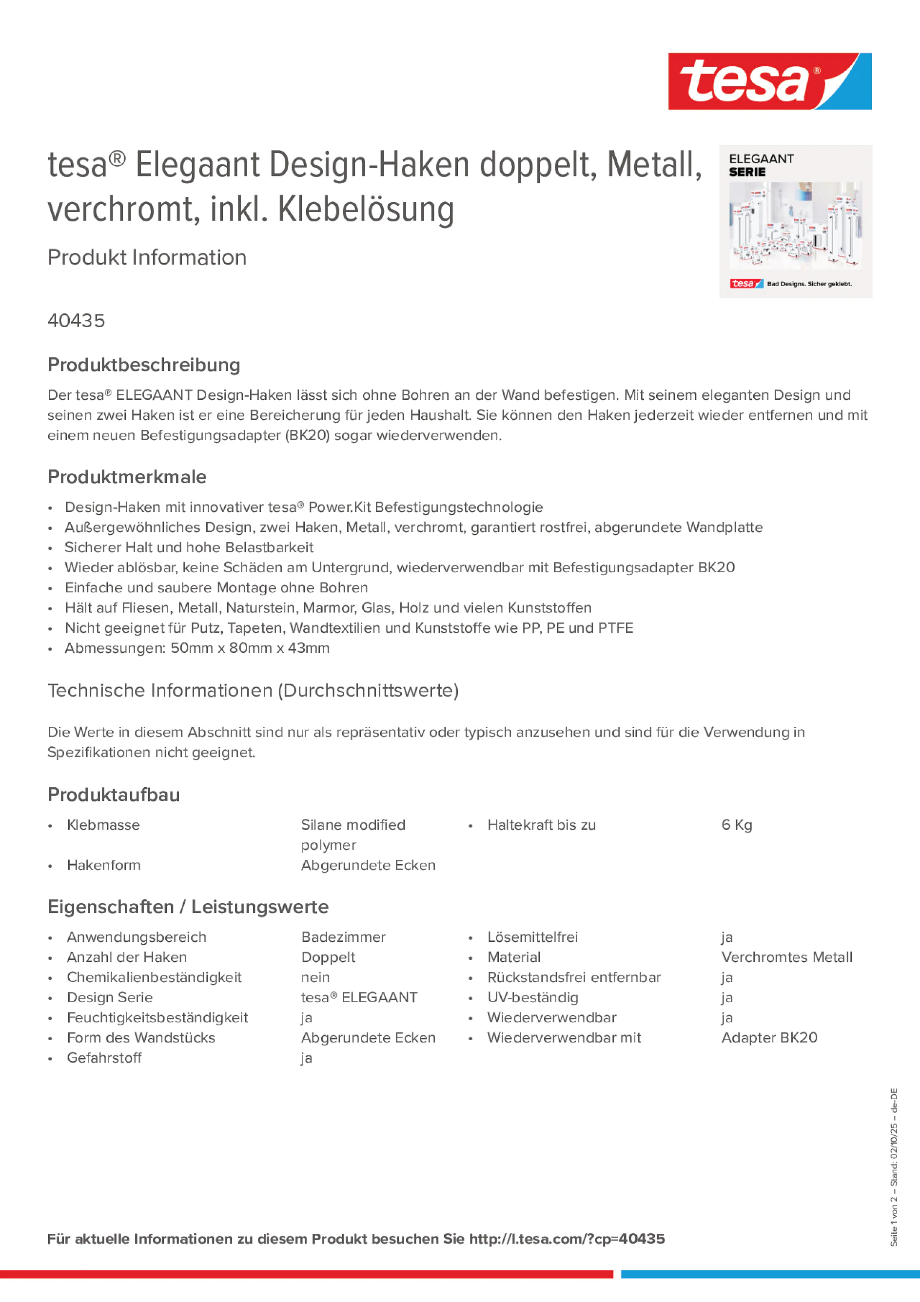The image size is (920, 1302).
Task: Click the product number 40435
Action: [76, 321]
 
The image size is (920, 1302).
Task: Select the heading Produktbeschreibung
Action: [143, 365]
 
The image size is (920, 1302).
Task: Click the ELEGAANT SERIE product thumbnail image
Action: [795, 222]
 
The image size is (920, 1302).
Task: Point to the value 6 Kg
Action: [736, 825]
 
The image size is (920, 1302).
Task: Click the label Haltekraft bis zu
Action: [541, 825]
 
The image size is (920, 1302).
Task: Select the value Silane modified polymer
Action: [353, 835]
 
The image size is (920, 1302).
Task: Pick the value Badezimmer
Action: [343, 937]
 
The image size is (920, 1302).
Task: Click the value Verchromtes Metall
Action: [786, 957]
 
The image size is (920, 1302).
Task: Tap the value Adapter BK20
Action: [769, 1038]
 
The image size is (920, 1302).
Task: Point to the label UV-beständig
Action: [532, 997]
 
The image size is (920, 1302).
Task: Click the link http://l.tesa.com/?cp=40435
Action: [567, 1239]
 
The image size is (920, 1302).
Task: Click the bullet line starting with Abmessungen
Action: [197, 648]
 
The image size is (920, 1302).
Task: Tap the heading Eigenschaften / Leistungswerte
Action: [188, 907]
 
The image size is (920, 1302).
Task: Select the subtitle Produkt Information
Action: [147, 257]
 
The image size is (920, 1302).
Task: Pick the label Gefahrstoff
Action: [104, 1058]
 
